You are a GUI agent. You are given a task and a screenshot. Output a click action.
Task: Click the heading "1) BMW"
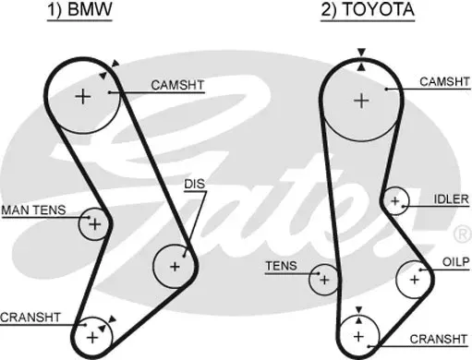coord(79,9)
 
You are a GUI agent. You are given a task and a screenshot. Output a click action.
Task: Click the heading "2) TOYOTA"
coord(368,9)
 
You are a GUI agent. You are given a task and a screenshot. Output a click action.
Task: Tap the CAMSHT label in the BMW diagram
coord(177,85)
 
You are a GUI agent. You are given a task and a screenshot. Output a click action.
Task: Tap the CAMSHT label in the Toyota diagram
coord(444,82)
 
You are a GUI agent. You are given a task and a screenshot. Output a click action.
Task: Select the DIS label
coord(195,184)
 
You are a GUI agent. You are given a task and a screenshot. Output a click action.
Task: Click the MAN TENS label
coord(33,210)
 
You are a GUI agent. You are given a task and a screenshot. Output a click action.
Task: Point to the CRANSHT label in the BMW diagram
coord(30,318)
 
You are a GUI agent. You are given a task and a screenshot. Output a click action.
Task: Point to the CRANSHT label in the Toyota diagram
coord(439,339)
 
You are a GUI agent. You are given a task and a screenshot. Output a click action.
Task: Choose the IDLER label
coord(451,199)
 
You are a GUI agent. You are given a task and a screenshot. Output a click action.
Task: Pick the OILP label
coord(456,262)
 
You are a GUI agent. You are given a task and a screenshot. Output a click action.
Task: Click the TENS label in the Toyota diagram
coord(281,266)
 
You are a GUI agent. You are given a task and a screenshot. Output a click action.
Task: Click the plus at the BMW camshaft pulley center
coord(83,97)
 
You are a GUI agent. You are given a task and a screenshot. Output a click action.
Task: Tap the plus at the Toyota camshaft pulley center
coord(361,101)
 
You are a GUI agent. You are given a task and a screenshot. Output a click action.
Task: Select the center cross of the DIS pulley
coord(175,267)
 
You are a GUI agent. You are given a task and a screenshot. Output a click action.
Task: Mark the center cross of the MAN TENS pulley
coord(95,224)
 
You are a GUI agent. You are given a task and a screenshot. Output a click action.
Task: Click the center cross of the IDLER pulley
coord(394,201)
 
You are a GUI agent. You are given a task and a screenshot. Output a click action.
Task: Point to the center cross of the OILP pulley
coord(415,280)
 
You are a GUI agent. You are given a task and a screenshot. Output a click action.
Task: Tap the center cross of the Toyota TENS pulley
coord(324,280)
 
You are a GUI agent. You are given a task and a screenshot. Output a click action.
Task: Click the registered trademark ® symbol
coord(463,234)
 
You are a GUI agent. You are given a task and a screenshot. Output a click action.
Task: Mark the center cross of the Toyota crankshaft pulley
coord(358,337)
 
